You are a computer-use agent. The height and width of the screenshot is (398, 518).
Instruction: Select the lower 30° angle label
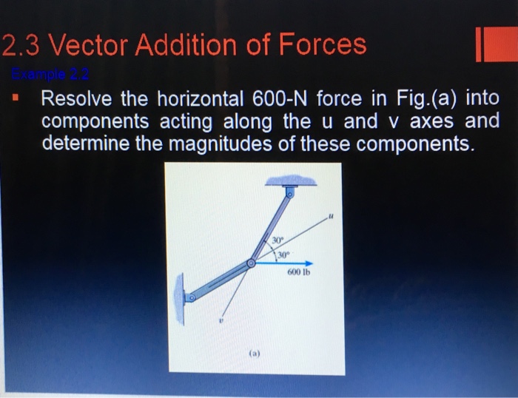[282, 255]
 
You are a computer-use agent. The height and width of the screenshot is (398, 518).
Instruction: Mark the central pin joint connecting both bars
[252, 263]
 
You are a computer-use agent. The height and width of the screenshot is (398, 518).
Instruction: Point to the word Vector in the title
[87, 45]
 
